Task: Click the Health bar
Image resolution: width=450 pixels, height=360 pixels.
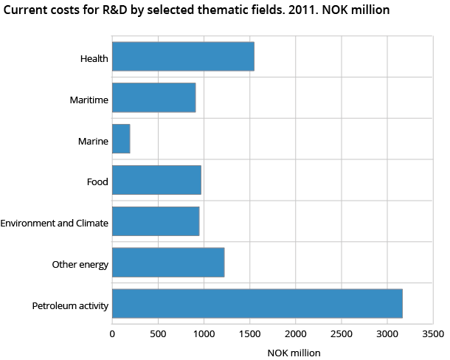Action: coord(183,57)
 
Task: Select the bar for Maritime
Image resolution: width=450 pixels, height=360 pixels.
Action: coord(153,97)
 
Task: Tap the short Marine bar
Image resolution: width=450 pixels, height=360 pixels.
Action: coord(121,139)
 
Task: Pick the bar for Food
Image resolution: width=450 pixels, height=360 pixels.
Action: coord(156,180)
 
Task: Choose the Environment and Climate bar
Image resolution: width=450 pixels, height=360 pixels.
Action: coord(156,221)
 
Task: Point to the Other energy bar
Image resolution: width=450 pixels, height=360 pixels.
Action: coord(168,263)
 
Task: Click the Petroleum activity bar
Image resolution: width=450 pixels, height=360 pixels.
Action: coord(257,304)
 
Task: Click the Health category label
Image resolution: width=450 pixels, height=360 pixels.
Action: coord(95,58)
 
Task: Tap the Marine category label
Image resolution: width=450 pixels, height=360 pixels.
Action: coord(94,140)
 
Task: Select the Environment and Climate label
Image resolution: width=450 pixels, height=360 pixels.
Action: coord(55,223)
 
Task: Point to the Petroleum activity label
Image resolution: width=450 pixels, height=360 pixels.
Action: coord(71,305)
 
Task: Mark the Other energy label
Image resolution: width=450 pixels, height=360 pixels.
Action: coord(80,264)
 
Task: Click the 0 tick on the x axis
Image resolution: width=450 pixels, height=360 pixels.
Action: coord(112,333)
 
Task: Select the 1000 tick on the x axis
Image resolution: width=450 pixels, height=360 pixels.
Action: coord(204,333)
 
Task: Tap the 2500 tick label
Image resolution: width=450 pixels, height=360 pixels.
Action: coord(341,333)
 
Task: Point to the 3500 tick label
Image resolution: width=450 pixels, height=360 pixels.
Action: coord(432,333)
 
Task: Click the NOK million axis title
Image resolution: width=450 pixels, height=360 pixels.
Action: coord(294,353)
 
